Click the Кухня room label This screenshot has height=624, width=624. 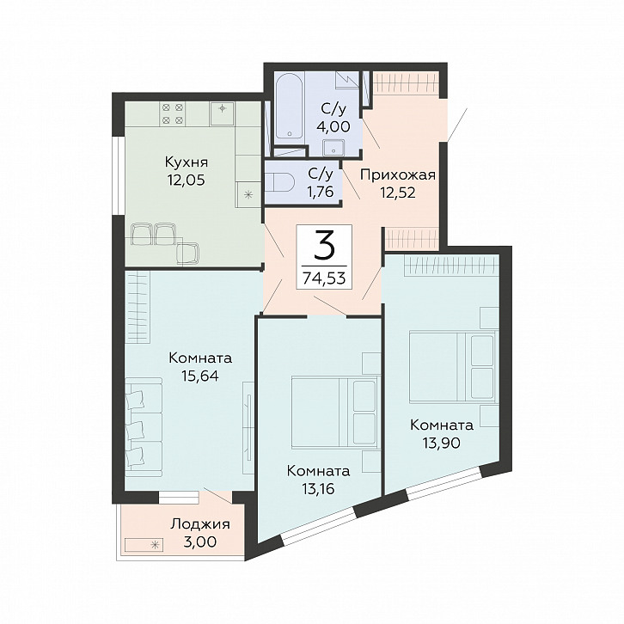(x=187, y=162)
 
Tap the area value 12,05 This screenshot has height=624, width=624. (x=187, y=180)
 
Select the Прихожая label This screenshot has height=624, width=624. (x=398, y=175)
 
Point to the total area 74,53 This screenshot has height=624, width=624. (x=324, y=277)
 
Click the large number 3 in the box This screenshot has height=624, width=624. (x=324, y=245)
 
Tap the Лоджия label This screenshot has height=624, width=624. (x=200, y=524)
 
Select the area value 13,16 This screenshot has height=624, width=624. (x=318, y=489)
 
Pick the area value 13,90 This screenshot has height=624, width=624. (x=442, y=443)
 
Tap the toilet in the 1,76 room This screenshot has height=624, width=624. (x=279, y=183)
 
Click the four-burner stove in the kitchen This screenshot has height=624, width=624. (x=173, y=113)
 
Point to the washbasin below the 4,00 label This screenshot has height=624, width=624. (x=334, y=148)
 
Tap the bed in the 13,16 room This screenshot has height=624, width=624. (x=334, y=412)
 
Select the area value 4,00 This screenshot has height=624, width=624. (x=333, y=126)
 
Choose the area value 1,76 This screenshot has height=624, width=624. (x=320, y=192)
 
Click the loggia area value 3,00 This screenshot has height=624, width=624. (x=200, y=541)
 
